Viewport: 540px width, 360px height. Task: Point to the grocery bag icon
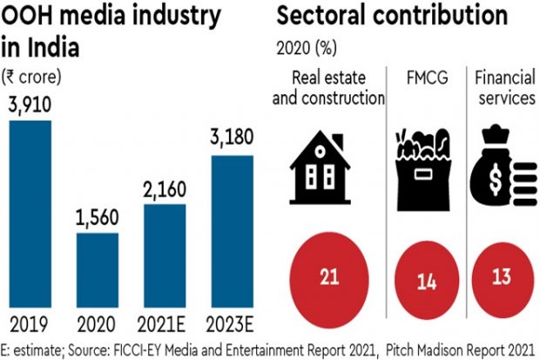click(x=426, y=166)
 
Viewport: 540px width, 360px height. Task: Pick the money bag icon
click(x=504, y=166)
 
